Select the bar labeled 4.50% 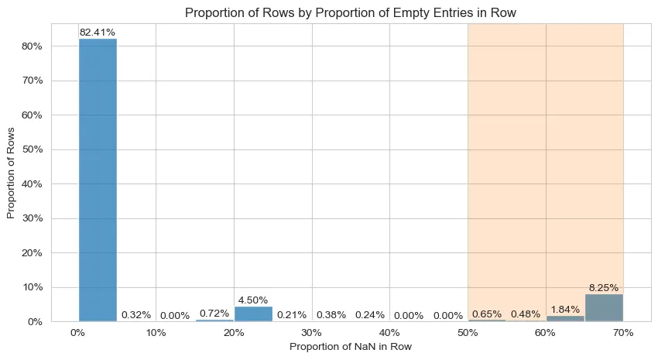(253, 314)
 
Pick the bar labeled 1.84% (565, 318)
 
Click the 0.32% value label (136, 315)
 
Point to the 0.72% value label (214, 314)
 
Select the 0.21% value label (292, 315)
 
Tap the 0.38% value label (331, 315)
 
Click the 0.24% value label (370, 315)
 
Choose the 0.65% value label (487, 314)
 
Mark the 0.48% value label (526, 314)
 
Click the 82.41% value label (98, 33)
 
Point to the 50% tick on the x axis (468, 332)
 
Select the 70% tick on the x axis (623, 332)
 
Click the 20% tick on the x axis (234, 332)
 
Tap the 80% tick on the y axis (30, 46)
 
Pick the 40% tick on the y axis (30, 184)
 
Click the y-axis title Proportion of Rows (12, 173)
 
